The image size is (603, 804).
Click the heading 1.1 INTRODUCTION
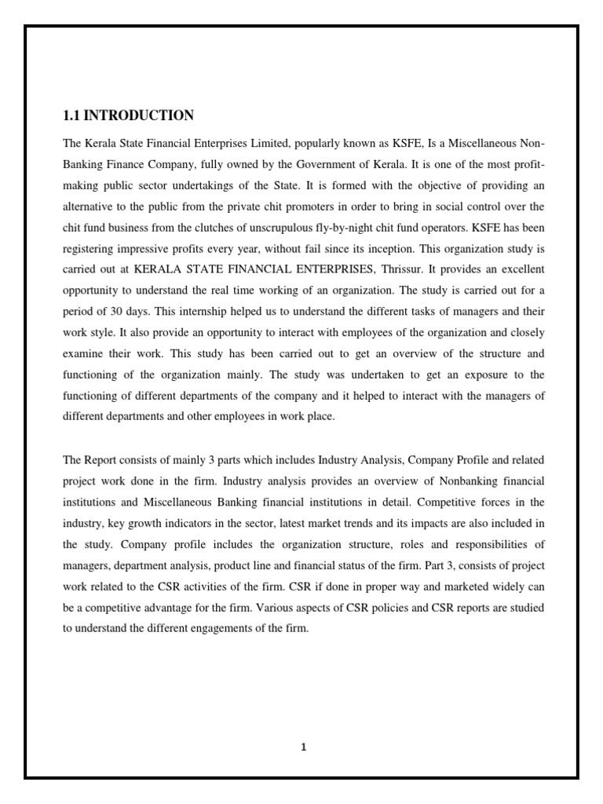pyautogui.click(x=128, y=115)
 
